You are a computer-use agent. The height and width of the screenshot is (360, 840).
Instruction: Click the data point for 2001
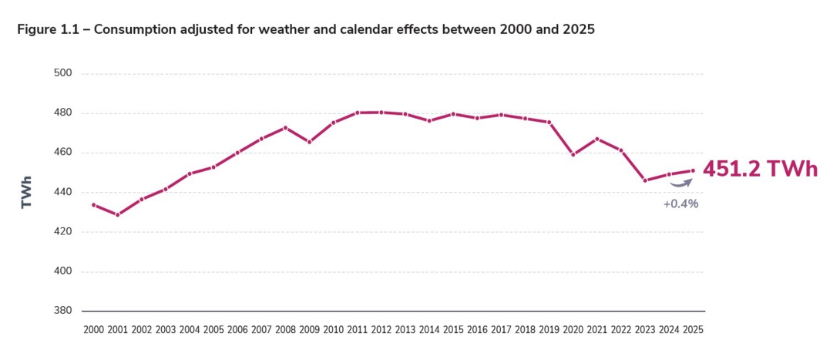(117, 215)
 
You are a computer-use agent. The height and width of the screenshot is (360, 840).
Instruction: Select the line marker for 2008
(285, 127)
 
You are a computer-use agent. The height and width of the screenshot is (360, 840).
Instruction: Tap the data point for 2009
(309, 142)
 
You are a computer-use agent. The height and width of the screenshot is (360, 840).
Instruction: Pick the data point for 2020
(573, 154)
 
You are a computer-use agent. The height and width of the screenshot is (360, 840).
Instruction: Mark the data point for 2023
(644, 180)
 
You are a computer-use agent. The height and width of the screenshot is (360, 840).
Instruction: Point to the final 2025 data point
(692, 171)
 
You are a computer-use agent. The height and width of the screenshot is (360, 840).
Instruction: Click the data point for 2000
(93, 205)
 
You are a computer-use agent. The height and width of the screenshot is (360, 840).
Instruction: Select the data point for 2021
(596, 139)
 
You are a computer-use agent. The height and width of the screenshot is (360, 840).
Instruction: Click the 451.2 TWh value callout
(759, 170)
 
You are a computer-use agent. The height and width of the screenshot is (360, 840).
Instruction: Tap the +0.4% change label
(680, 204)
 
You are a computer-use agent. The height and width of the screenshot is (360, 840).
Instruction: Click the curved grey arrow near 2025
(680, 183)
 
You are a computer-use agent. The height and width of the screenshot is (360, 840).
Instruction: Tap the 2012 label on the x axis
(381, 330)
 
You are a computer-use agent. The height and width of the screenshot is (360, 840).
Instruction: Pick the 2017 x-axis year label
(501, 330)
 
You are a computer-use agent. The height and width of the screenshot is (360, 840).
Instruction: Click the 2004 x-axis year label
(189, 330)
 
